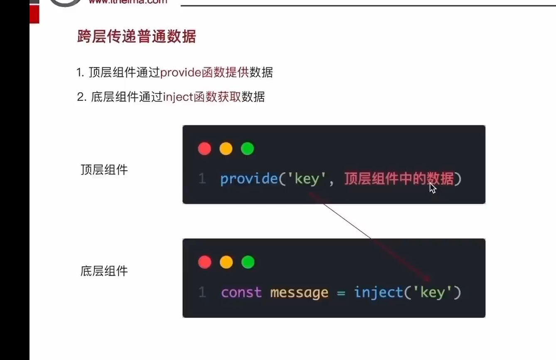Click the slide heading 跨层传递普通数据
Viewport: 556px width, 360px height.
coord(136,37)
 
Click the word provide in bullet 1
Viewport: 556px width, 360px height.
coord(181,73)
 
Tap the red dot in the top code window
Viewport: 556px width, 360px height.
coord(204,149)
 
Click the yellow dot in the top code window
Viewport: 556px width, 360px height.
coord(226,149)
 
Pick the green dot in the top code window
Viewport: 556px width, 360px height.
coord(248,149)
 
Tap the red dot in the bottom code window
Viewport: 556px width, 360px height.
coord(204,262)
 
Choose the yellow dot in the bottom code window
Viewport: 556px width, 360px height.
coord(226,262)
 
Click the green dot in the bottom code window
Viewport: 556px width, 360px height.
coord(248,262)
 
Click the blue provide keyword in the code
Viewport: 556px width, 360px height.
coord(249,179)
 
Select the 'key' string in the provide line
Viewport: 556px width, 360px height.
coord(307,179)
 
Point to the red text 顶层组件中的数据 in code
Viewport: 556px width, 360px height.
coord(399,179)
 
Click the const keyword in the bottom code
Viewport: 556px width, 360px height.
coord(241,293)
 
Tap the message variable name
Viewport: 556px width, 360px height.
coord(299,293)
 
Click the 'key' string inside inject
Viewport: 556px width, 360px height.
coord(433,293)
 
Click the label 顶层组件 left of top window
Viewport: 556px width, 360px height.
coord(104,170)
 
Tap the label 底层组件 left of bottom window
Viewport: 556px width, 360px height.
coord(104,272)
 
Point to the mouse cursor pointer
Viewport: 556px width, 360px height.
coord(433,188)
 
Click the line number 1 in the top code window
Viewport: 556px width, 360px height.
coord(202,179)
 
